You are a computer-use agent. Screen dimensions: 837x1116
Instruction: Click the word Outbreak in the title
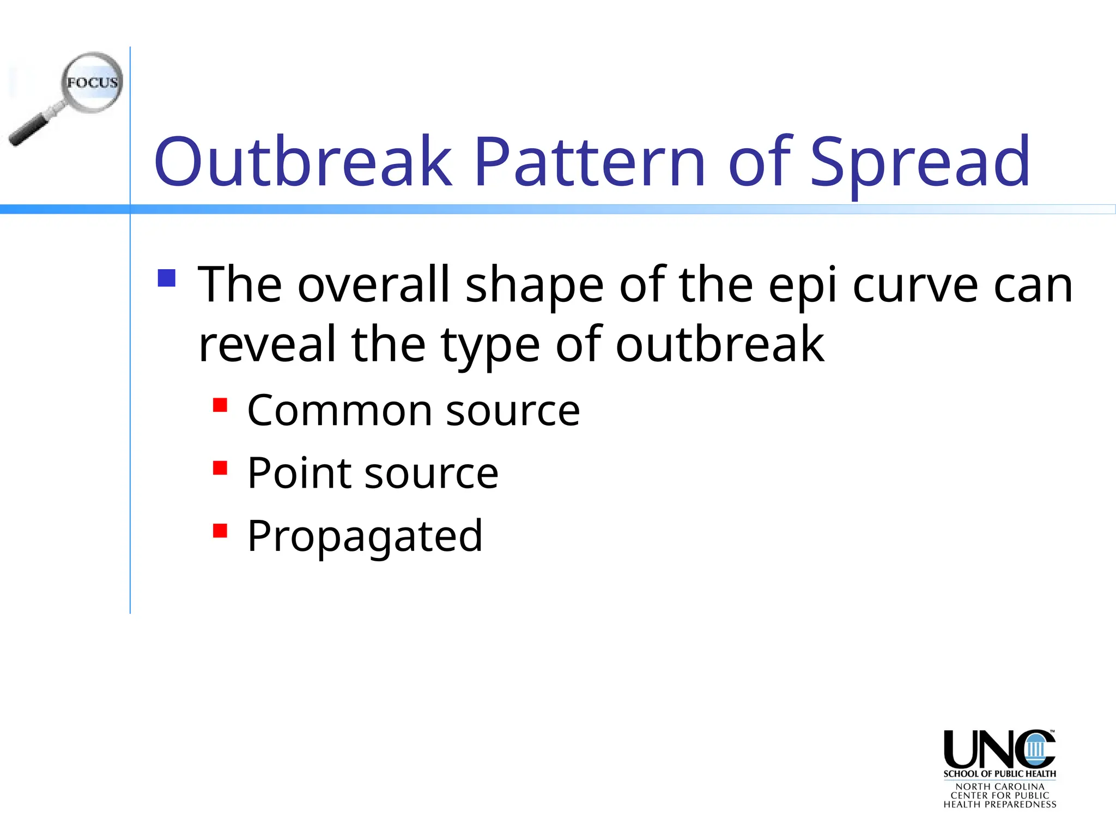303,162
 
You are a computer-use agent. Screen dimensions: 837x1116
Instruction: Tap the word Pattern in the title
590,162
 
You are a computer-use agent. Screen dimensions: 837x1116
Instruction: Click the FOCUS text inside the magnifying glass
93,83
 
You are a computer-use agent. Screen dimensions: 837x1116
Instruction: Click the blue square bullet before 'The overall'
167,278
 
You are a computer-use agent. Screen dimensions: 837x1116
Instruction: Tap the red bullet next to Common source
220,405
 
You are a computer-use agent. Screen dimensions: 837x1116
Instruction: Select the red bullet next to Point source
220,468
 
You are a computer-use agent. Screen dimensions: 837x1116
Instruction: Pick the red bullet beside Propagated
220,531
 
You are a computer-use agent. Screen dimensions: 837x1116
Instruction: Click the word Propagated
365,536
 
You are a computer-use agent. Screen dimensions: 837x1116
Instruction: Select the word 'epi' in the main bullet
802,286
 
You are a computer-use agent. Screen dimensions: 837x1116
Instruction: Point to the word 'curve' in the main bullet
915,286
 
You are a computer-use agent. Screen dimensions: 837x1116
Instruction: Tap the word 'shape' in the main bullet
534,286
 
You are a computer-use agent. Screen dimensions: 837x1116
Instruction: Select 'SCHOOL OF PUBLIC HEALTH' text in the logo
999,774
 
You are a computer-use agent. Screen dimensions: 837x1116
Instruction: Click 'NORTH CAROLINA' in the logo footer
999,786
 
